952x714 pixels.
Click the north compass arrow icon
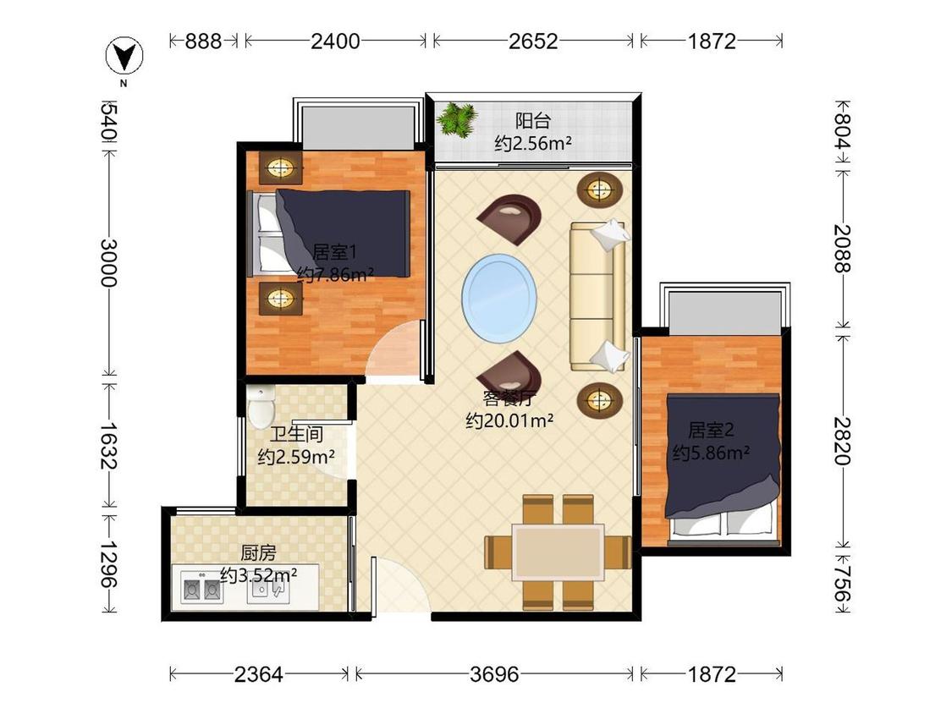coord(124,56)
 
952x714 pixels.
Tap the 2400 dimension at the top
coord(335,41)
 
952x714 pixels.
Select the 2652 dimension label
coord(533,41)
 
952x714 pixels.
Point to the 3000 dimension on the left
coord(108,262)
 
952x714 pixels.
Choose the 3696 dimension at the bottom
coord(494,674)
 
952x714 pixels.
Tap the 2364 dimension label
coord(259,674)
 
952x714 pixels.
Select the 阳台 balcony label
coord(532,120)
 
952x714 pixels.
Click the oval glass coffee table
coord(499,298)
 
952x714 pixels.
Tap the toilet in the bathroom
coord(261,404)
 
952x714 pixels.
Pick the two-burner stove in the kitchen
coord(201,588)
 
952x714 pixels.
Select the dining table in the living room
coord(558,552)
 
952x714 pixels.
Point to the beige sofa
coord(597,296)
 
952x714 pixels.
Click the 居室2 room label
coord(710,430)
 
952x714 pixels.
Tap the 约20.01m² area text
coord(509,420)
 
